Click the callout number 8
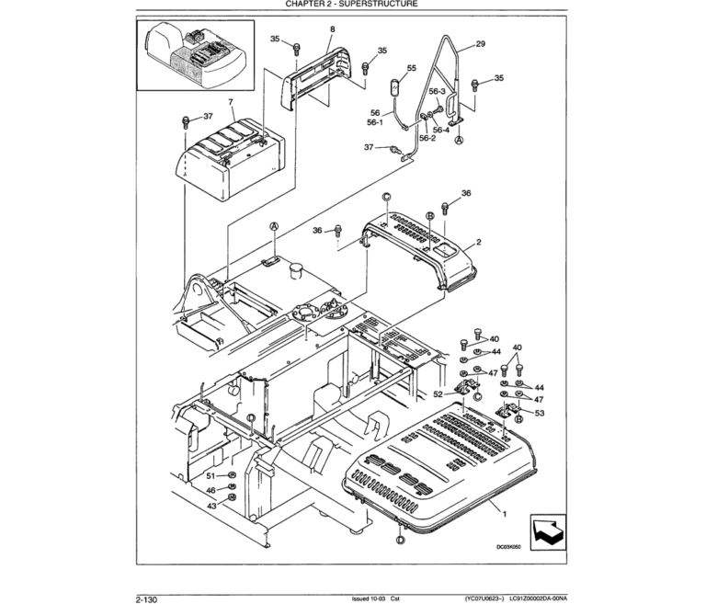coord(332,30)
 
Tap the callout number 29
coord(480,44)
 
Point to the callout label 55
coord(411,68)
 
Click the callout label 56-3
coord(438,92)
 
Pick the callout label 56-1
coord(375,121)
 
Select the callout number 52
coord(438,393)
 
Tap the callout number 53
coord(539,414)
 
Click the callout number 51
coord(210,475)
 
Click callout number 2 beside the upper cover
coord(478,243)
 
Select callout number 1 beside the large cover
coord(502,508)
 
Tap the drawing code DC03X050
coord(508,547)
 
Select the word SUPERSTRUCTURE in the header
coord(377,5)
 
